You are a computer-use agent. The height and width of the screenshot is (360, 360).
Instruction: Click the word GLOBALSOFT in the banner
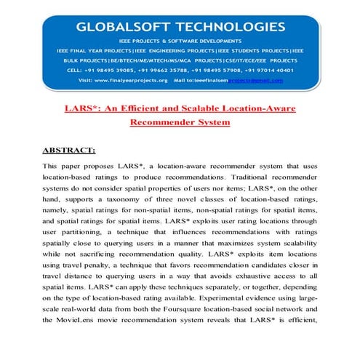(x=130, y=27)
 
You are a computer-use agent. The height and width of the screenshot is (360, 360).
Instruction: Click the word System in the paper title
(x=211, y=122)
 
